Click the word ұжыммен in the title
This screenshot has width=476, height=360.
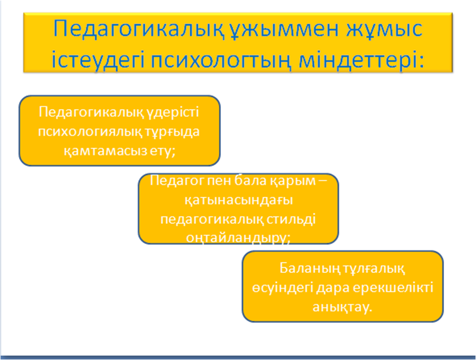pos(283,30)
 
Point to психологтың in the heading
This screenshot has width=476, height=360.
pos(221,61)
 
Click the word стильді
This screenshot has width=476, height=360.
pos(291,219)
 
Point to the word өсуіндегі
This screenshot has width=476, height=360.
pos(283,288)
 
